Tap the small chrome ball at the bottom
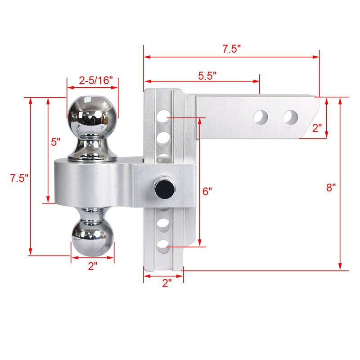(93, 237)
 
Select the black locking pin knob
(162, 189)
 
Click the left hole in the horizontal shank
(261, 117)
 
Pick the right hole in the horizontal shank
(291, 117)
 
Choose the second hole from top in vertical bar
(164, 136)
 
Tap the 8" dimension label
(331, 187)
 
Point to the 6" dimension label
(207, 191)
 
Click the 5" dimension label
(55, 142)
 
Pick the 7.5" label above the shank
(232, 49)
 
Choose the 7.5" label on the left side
(19, 178)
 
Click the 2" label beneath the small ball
(93, 266)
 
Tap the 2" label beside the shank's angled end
(317, 128)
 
